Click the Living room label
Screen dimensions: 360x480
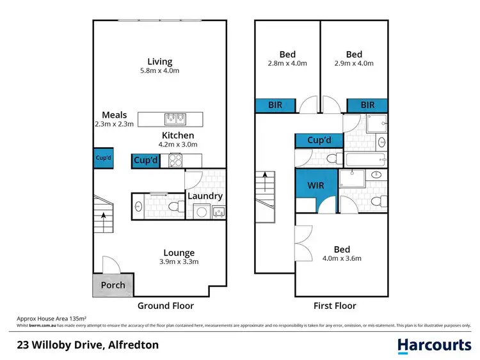click(160, 62)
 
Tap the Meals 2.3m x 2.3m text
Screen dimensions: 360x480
click(118, 124)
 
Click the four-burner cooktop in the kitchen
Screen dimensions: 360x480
click(176, 161)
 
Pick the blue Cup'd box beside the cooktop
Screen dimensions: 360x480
click(145, 161)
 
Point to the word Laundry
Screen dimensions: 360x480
click(205, 196)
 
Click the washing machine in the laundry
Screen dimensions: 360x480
click(202, 210)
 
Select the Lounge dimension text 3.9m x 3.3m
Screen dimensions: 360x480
click(179, 262)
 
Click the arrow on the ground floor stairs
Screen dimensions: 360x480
click(104, 214)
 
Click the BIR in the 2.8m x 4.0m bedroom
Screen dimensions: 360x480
click(275, 105)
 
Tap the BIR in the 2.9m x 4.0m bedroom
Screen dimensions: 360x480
click(367, 105)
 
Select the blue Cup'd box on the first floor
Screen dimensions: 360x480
click(319, 140)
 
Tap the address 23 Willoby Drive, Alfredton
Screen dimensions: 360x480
click(88, 345)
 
